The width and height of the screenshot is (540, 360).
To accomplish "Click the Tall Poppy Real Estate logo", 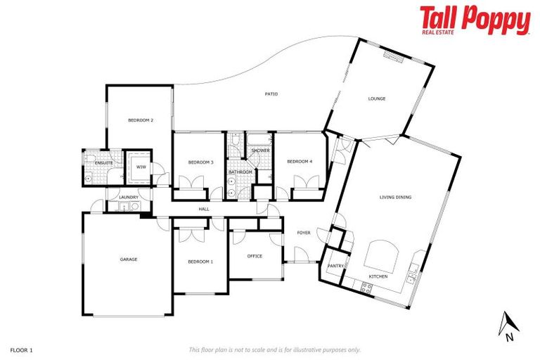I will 475,20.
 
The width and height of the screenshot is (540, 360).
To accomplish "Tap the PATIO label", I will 271,94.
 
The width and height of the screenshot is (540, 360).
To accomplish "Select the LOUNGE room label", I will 377,98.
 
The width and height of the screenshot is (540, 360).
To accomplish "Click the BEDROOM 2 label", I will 141,120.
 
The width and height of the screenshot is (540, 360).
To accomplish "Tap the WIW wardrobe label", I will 141,167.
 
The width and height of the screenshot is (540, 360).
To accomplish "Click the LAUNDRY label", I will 128,198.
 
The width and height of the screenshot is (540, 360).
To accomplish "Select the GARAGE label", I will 128,259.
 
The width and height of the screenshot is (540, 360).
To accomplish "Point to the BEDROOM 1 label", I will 200,262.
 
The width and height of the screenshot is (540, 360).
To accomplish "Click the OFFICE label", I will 255,256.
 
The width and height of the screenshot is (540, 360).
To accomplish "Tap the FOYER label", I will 304,233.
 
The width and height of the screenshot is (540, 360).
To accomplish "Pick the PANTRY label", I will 335,266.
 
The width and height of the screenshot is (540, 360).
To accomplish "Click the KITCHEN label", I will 378,277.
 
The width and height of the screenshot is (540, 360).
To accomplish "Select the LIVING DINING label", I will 395,198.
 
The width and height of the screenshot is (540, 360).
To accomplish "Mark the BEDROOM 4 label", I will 300,162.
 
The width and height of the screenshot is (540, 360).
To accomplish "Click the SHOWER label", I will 261,150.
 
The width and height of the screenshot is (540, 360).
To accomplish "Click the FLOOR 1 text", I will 22,349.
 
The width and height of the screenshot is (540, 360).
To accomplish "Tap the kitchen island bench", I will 381,253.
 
